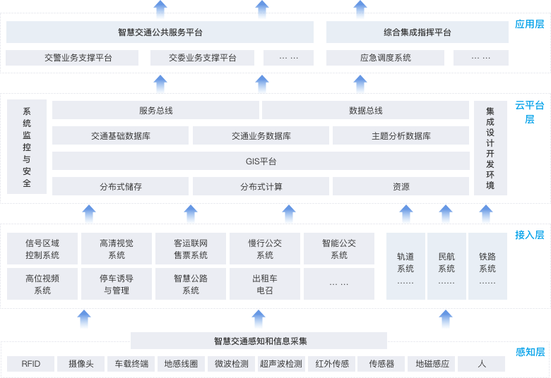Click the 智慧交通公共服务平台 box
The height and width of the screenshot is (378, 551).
pyautogui.click(x=160, y=32)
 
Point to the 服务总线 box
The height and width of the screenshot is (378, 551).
pyautogui.click(x=155, y=110)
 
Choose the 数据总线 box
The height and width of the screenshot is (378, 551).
pyautogui.click(x=365, y=110)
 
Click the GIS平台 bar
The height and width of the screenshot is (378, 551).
pyautogui.click(x=261, y=161)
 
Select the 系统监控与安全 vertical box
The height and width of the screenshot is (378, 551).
pyautogui.click(x=27, y=147)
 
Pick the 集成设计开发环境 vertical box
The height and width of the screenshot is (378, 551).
pyautogui.click(x=490, y=147)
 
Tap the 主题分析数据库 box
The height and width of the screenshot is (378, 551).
pyautogui.click(x=401, y=136)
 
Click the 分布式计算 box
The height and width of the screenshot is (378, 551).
pyautogui.click(x=261, y=187)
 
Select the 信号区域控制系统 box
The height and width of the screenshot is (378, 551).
pyautogui.click(x=42, y=249)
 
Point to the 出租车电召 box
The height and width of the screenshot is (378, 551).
pyautogui.click(x=264, y=284)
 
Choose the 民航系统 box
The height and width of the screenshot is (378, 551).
pyautogui.click(x=446, y=268)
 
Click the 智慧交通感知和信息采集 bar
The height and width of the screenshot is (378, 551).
pyautogui.click(x=259, y=341)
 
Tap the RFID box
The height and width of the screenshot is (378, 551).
pyautogui.click(x=31, y=364)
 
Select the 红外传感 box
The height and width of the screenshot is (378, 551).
pyautogui.click(x=332, y=364)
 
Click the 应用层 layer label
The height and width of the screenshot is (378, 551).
pyautogui.click(x=529, y=24)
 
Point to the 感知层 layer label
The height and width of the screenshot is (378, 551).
pyautogui.click(x=529, y=352)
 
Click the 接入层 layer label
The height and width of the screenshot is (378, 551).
pyautogui.click(x=529, y=235)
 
